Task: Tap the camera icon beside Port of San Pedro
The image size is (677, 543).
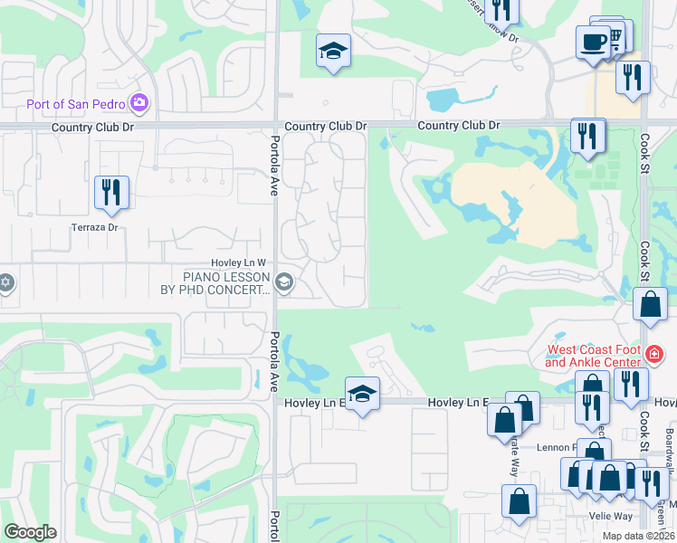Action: [138, 102]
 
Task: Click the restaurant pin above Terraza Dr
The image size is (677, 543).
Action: [111, 192]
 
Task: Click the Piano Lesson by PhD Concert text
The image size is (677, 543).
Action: [227, 283]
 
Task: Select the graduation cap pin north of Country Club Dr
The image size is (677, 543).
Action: [333, 52]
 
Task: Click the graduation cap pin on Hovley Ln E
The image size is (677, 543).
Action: [362, 394]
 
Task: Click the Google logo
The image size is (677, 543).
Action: [30, 532]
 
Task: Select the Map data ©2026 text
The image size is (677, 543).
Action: [638, 536]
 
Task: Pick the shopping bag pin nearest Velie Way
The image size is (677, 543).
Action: [520, 502]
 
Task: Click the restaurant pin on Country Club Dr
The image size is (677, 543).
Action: [588, 137]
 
